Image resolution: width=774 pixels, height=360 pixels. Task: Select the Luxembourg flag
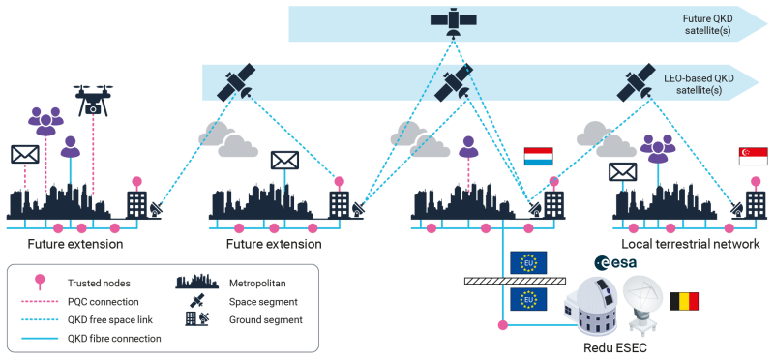(x=538, y=157)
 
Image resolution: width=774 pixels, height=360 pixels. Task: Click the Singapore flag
(x=752, y=157)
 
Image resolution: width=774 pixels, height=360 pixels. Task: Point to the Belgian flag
(x=684, y=301)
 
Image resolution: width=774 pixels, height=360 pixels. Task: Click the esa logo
(x=614, y=262)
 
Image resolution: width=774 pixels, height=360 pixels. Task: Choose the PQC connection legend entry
(x=106, y=302)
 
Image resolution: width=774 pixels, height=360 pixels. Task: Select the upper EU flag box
(x=528, y=262)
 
